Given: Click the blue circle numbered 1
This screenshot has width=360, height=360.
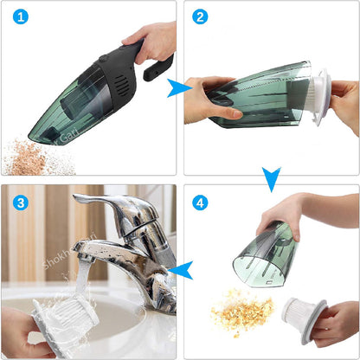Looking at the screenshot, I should coord(19,17).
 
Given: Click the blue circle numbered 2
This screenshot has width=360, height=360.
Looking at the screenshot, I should coord(200,17).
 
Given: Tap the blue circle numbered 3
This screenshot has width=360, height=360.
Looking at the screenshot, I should coord(19,202).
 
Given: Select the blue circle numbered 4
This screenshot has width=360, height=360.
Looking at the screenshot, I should coord(201,202).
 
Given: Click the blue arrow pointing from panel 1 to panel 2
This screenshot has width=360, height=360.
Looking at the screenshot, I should coord(179,87).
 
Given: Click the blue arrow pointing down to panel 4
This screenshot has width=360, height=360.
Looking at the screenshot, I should coord(272,179).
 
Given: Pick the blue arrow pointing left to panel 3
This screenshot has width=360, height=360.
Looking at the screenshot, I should coord(179,272).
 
